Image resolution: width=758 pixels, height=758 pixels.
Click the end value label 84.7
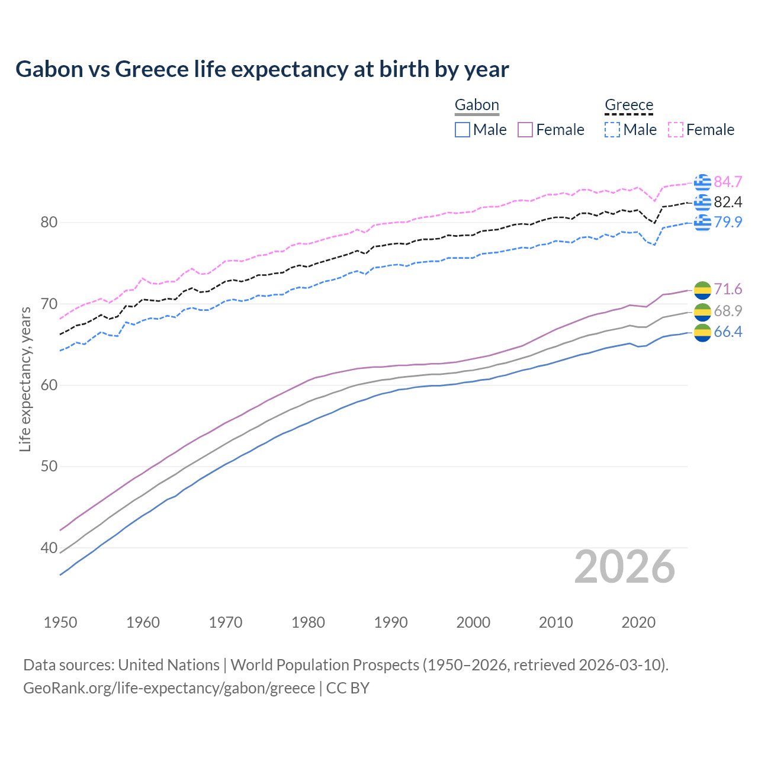click(x=728, y=182)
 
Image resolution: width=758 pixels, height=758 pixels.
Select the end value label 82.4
click(x=728, y=202)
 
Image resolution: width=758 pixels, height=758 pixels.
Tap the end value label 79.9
click(x=728, y=222)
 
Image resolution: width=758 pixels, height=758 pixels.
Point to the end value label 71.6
click(x=728, y=289)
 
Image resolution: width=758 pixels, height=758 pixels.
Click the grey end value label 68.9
click(x=728, y=311)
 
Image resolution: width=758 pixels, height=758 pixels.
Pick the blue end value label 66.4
click(x=728, y=332)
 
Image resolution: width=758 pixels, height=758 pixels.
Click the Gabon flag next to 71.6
click(x=702, y=290)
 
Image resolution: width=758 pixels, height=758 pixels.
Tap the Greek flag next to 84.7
click(x=702, y=182)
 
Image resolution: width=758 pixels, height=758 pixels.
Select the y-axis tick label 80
click(x=49, y=223)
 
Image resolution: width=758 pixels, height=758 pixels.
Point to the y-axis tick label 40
click(x=49, y=548)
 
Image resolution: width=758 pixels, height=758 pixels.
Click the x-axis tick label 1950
click(x=60, y=622)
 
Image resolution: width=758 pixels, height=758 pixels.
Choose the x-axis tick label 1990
click(x=391, y=622)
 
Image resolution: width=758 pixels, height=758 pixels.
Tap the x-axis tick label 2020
click(x=638, y=622)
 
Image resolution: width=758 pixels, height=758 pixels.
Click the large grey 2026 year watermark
click(x=625, y=567)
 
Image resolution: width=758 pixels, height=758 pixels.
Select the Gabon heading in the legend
click(x=477, y=105)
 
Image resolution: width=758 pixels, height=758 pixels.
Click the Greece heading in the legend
click(x=629, y=105)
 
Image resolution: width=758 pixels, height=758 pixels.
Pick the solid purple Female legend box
click(x=525, y=130)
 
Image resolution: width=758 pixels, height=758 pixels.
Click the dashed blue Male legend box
click(x=612, y=130)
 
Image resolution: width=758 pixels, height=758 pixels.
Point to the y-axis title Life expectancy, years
click(x=25, y=379)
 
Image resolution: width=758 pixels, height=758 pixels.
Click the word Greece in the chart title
click(x=152, y=69)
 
